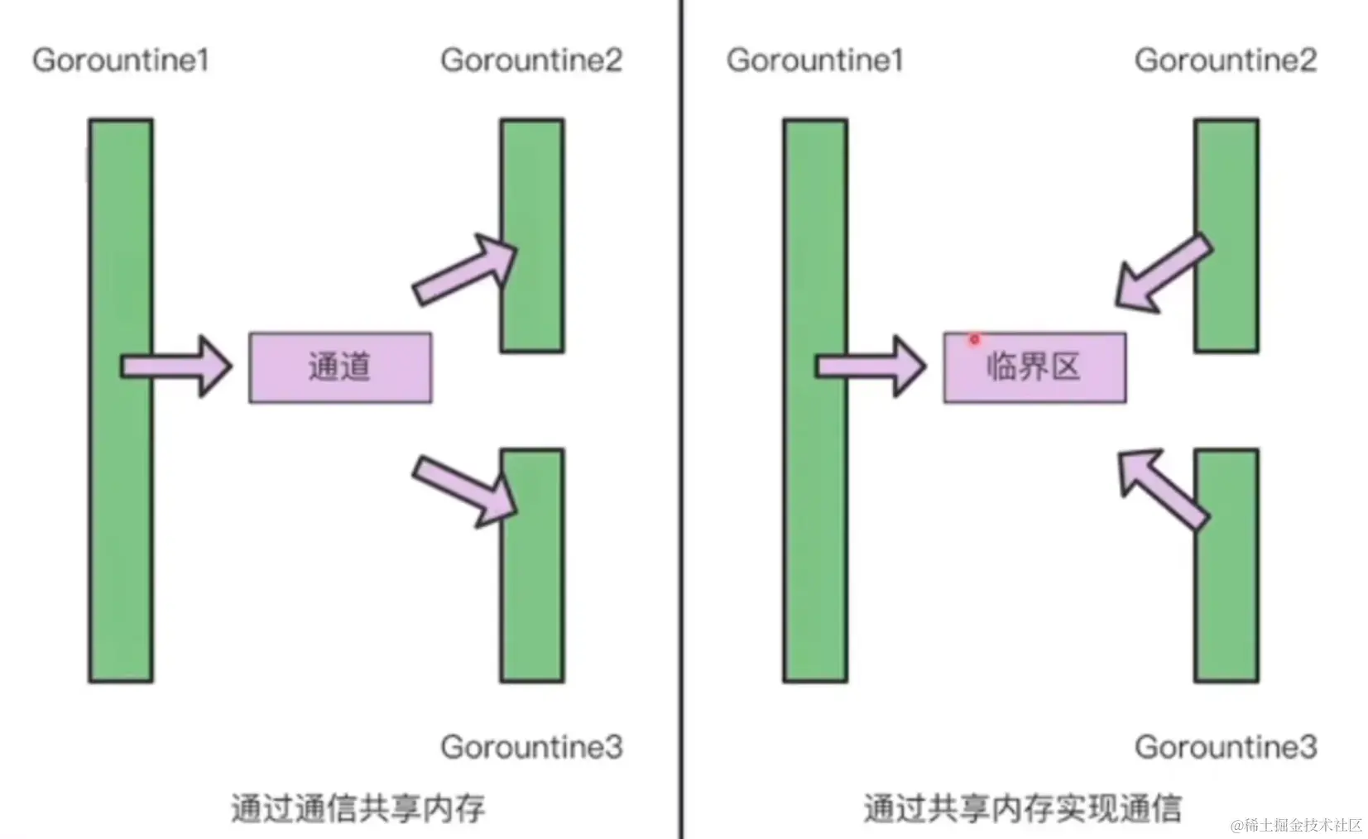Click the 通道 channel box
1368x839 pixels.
coord(340,367)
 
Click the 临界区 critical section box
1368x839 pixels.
coord(1034,367)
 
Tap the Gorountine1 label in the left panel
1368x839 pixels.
coord(121,60)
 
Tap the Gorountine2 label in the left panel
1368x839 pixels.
coord(530,60)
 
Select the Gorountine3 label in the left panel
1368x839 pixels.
coord(530,747)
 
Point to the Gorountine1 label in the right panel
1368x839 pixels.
coord(814,60)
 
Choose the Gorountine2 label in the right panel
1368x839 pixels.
coord(1225,60)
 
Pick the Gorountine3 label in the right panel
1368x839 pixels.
coord(1225,747)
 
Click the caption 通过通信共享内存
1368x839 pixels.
coord(358,808)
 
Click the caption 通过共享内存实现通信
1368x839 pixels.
coord(1022,808)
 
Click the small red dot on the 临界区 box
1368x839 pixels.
coord(974,339)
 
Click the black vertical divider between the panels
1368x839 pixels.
coord(682,414)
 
